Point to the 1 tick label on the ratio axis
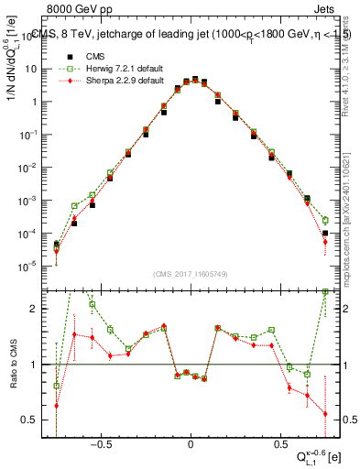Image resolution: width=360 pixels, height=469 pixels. coord(36,365)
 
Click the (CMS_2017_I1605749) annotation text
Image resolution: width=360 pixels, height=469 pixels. coord(191,274)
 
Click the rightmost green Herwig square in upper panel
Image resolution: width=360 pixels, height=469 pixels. coord(325,220)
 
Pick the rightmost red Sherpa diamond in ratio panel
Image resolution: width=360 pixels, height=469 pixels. coord(325,414)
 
